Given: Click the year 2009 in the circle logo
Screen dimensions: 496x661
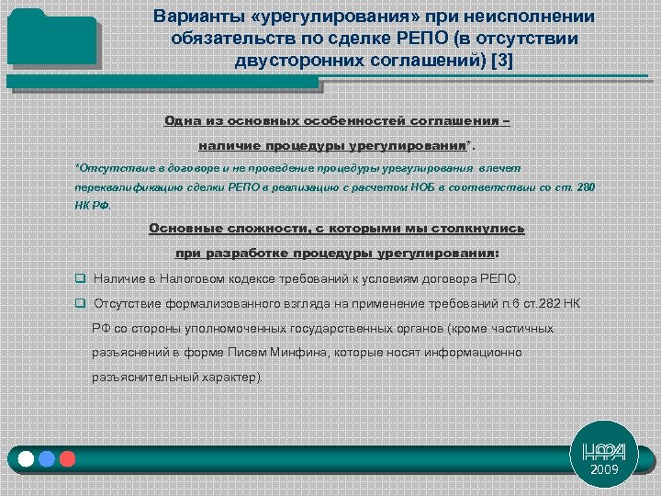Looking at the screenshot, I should tap(604, 469).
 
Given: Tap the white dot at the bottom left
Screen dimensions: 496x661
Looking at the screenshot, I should tap(26, 458).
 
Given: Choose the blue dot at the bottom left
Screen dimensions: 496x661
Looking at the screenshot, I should tap(47, 458).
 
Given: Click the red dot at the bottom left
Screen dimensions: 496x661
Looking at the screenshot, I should tap(66, 458).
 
